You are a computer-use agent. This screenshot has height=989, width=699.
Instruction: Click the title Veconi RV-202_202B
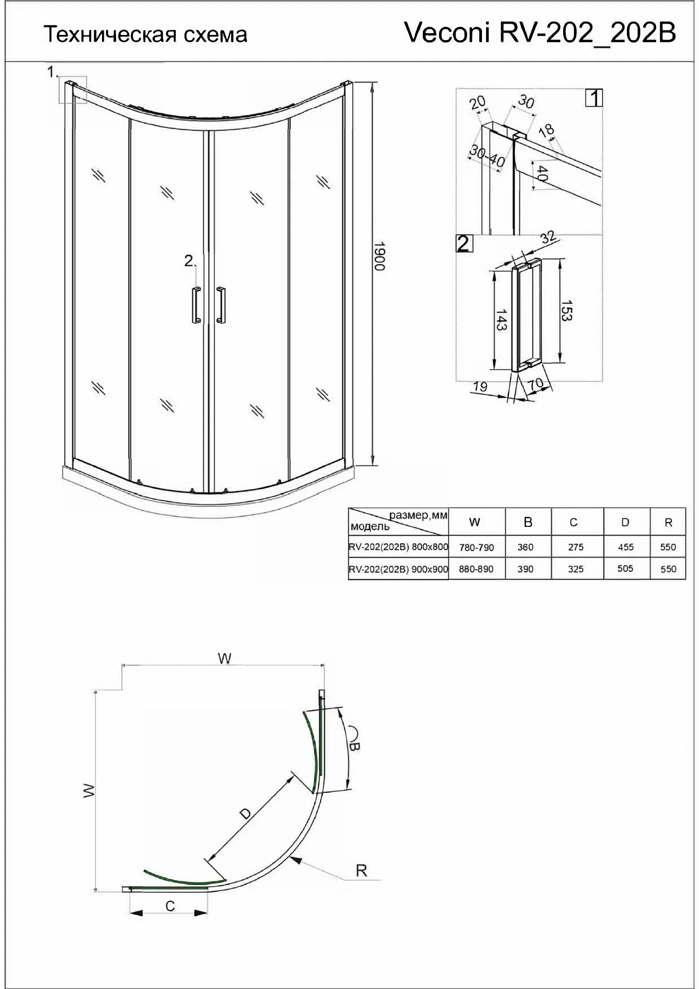[540, 33]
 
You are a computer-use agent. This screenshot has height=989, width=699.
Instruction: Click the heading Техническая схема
[145, 35]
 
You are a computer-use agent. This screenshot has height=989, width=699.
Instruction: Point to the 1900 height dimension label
[379, 256]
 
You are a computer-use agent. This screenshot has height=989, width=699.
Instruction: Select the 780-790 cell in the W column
[476, 547]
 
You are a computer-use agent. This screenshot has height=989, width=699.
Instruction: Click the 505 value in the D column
[625, 569]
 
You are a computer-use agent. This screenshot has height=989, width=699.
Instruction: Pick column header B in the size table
[528, 522]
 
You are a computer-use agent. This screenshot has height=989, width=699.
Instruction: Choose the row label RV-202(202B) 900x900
[399, 569]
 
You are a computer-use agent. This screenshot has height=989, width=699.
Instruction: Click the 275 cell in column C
[576, 547]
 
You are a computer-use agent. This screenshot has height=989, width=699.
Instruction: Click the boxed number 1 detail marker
[594, 98]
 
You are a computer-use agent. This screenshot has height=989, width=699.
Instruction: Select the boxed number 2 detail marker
[463, 243]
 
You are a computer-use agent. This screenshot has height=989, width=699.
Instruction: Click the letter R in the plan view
[361, 871]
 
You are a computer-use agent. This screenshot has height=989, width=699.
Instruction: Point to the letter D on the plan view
[245, 813]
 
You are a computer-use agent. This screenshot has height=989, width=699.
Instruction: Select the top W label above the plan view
[224, 658]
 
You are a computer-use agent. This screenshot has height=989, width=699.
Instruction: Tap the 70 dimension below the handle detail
[536, 384]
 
